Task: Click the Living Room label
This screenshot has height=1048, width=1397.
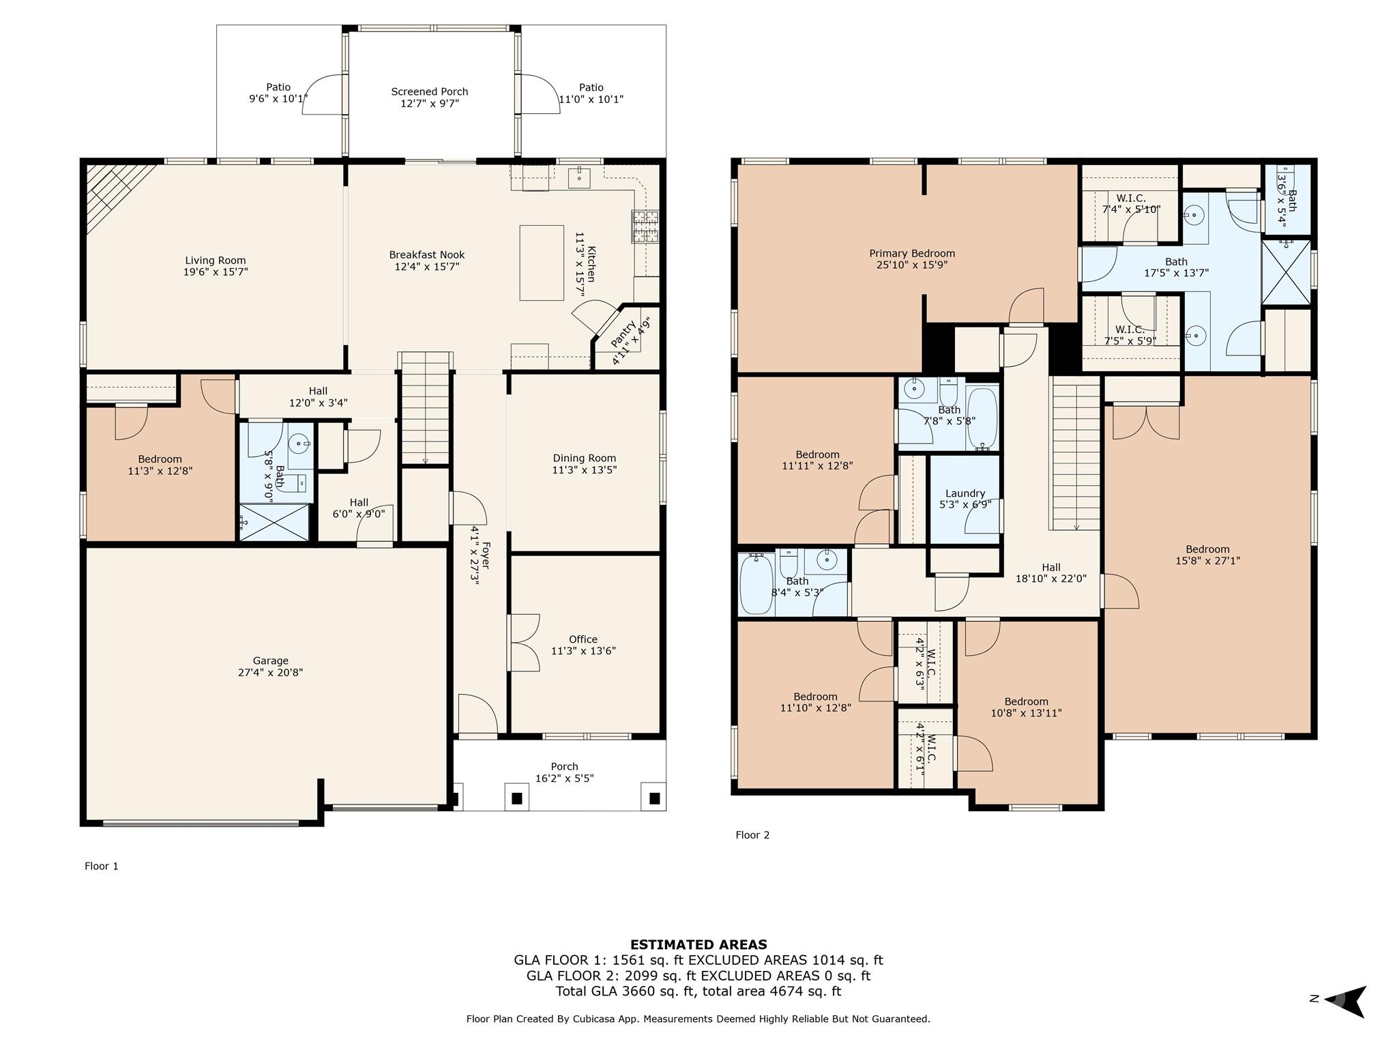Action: point(216,260)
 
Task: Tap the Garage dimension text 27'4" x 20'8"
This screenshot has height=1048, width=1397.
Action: point(271,672)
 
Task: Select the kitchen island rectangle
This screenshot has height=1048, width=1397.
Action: point(542,263)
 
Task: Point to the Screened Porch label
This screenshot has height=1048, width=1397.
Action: point(430,91)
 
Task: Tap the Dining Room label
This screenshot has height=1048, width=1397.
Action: point(585,458)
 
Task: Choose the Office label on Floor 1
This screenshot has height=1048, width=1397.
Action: point(583,639)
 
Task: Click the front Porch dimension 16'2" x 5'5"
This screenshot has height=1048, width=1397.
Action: point(564,778)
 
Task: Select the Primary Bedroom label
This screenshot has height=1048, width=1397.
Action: point(912,253)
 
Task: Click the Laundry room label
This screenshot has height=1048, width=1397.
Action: point(965,493)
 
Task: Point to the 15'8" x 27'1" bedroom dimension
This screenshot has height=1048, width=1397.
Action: point(1207,561)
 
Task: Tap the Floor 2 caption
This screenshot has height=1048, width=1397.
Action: point(752,835)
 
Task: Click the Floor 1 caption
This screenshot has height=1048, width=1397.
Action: point(102,867)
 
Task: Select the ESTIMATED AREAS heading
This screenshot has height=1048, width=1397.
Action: point(698,945)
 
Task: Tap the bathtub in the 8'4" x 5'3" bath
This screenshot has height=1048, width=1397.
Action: point(757,584)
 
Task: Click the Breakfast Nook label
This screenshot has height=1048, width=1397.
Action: point(427,254)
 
